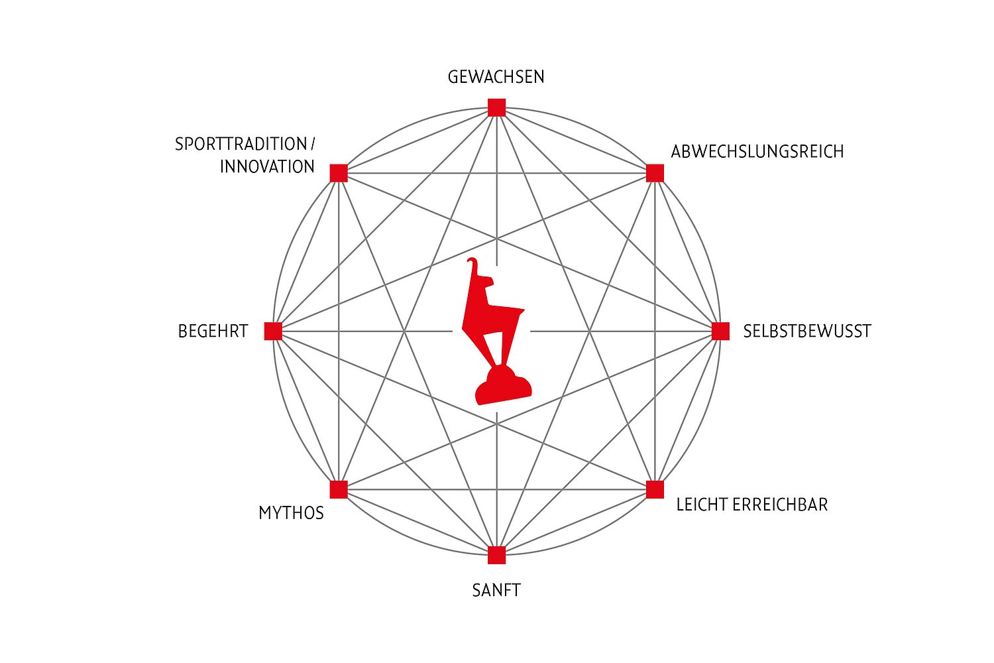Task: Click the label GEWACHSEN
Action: pyautogui.click(x=496, y=77)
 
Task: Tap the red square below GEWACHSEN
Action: pyautogui.click(x=496, y=107)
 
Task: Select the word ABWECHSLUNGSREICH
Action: pyautogui.click(x=757, y=151)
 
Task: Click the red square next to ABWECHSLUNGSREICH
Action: pyautogui.click(x=655, y=173)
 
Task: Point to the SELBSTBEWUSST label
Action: pyautogui.click(x=807, y=331)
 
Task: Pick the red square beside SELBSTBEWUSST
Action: pyautogui.click(x=721, y=331)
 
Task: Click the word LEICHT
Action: pyautogui.click(x=702, y=505)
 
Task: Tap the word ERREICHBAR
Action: pyautogui.click(x=781, y=505)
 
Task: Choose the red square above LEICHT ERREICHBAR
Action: pyautogui.click(x=655, y=489)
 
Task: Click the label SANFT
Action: pyautogui.click(x=496, y=590)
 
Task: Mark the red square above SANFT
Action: pyautogui.click(x=496, y=555)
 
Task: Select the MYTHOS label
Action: pyautogui.click(x=291, y=513)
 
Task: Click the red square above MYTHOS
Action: pyautogui.click(x=339, y=489)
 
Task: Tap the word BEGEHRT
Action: pyautogui.click(x=213, y=331)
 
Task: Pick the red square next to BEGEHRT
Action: pyautogui.click(x=273, y=331)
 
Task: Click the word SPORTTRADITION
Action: pyautogui.click(x=241, y=144)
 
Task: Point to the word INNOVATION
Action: pyautogui.click(x=267, y=166)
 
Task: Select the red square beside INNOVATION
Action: pyautogui.click(x=339, y=173)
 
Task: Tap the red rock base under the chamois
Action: pyautogui.click(x=503, y=385)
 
